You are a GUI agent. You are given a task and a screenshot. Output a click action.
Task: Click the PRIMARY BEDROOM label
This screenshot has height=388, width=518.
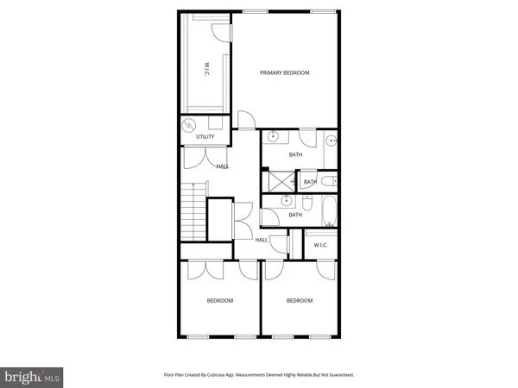285,73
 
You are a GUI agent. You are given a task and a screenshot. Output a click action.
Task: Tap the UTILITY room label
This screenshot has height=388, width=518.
205,137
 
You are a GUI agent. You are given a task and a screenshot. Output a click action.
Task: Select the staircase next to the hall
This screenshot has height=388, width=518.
193,216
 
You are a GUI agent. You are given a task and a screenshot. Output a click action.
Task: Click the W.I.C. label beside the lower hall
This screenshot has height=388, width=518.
320,244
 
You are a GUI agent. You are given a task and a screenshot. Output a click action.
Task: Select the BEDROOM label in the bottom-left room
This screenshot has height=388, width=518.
219,300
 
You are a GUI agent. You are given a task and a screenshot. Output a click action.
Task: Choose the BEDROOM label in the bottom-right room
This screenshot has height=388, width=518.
299,300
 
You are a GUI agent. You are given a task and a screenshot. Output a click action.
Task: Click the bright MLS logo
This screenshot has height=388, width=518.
33,377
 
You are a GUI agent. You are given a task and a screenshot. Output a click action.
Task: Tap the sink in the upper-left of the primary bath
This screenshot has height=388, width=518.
273,136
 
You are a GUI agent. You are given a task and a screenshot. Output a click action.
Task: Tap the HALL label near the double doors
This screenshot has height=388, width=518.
223,166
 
